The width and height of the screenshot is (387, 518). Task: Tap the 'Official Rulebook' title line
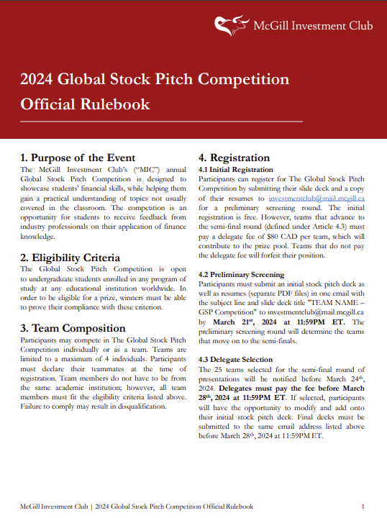pos(86,104)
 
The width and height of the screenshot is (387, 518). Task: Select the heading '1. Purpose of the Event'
pos(78,158)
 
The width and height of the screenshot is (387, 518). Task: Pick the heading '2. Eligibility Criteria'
pos(70,257)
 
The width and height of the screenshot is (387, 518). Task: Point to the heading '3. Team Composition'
pos(75,327)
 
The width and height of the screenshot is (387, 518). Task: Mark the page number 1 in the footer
pos(363,506)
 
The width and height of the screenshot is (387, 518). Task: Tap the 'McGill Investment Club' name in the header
pos(313,26)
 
